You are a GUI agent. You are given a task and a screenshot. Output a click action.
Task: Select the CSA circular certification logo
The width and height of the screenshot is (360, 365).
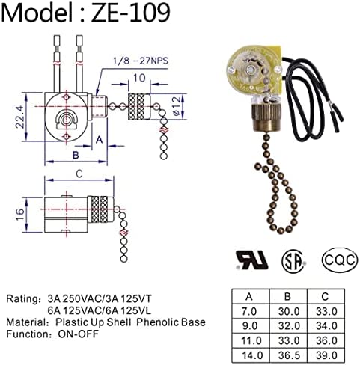294,260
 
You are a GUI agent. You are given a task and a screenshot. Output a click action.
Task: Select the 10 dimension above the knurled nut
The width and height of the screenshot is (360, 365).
140,78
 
